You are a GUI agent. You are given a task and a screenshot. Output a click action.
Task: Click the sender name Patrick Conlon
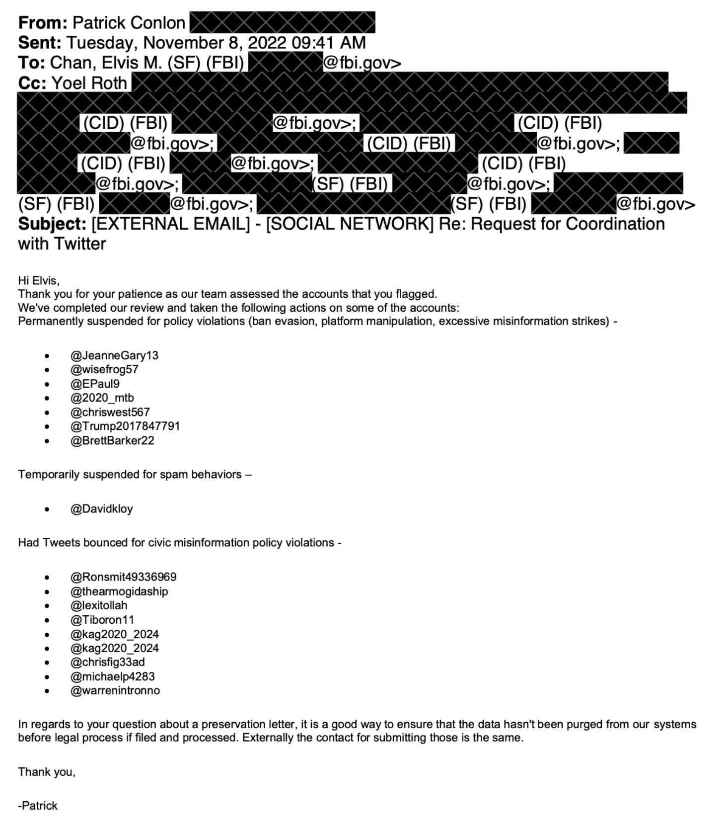[x=129, y=23]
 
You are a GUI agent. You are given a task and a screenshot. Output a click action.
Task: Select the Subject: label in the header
[x=52, y=224]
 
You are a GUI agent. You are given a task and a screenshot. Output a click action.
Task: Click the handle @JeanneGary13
[x=114, y=355]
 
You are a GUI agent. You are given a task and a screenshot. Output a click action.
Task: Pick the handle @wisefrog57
[x=104, y=369]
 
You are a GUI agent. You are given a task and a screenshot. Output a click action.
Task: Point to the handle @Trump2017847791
[x=125, y=426]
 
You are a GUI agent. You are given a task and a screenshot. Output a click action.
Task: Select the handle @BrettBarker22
[x=112, y=440]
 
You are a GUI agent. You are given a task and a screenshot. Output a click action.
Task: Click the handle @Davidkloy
[x=101, y=508]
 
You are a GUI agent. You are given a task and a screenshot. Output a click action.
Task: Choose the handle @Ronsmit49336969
[x=123, y=577]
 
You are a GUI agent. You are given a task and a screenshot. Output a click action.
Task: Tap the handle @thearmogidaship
[x=119, y=591]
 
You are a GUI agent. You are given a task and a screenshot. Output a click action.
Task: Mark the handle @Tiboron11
[x=102, y=620]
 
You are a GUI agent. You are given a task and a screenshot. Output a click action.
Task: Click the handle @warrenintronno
[x=115, y=690]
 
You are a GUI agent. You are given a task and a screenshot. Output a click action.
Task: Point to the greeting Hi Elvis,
[x=39, y=280]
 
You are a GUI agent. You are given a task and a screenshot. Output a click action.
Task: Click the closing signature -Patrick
[x=38, y=806]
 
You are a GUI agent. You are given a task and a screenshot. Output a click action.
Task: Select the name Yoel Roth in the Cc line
[x=89, y=83]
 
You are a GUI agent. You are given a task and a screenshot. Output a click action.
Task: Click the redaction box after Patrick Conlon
[x=282, y=23]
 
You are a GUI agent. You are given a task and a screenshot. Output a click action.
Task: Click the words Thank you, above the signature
[x=47, y=772]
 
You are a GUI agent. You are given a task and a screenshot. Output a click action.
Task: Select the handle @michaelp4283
[x=112, y=676]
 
